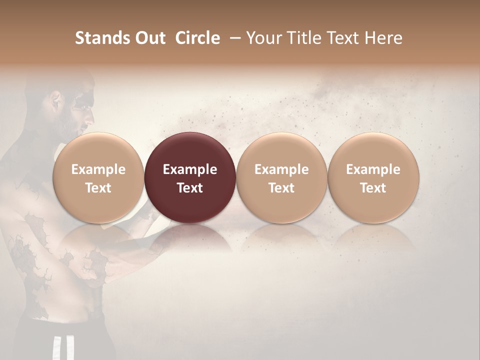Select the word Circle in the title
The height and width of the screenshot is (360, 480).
point(197,38)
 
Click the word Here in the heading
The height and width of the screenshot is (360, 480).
point(383,38)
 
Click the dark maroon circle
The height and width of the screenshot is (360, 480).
point(190,177)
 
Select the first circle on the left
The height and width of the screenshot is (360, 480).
point(98,177)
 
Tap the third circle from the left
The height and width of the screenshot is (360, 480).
point(281,177)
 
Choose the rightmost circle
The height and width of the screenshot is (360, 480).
point(373,177)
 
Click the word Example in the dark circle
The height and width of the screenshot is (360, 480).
point(190,169)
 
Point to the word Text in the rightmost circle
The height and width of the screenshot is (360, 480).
point(373,188)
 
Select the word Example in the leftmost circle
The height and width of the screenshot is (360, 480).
point(98,169)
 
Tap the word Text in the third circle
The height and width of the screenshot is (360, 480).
point(281,188)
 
